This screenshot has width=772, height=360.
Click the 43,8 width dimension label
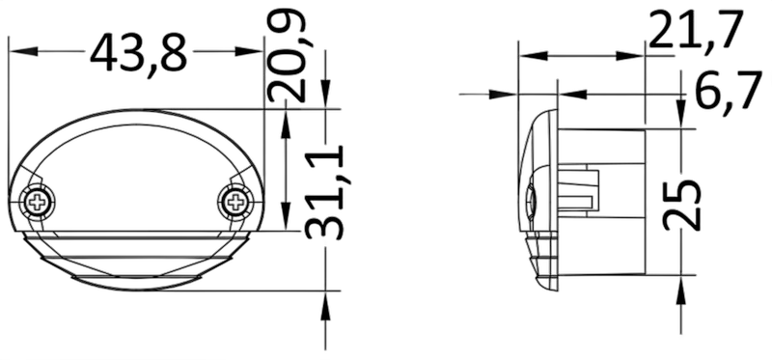tap(138, 52)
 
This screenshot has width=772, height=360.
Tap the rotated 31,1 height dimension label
tap(324, 193)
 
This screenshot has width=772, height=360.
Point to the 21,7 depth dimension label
tap(695, 30)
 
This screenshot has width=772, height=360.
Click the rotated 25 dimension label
tap(681, 206)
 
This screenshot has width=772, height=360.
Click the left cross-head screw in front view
tap(37, 202)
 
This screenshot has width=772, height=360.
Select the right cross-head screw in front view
tap(236, 201)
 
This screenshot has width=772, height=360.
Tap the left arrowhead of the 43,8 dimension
tap(23, 51)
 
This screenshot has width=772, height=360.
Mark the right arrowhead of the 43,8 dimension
tap(249, 51)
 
